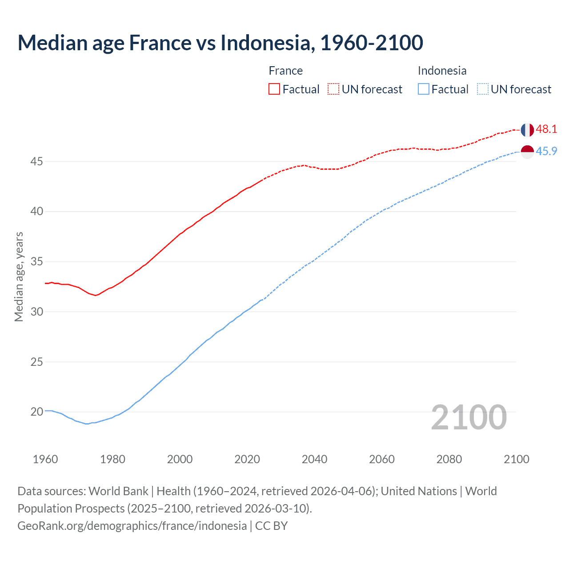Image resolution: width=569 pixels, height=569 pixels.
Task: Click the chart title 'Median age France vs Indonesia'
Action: click(x=220, y=43)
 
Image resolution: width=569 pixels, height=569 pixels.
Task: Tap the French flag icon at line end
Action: click(x=527, y=130)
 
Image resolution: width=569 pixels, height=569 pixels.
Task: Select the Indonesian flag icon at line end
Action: click(x=527, y=152)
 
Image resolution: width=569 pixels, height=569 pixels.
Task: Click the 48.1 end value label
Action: click(x=546, y=129)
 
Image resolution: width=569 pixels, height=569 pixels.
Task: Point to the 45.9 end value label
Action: click(x=546, y=152)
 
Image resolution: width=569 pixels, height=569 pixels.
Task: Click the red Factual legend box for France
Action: click(x=274, y=89)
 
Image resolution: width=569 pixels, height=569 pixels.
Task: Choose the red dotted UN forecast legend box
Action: click(x=333, y=89)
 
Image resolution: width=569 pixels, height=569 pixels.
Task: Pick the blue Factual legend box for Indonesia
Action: click(x=424, y=89)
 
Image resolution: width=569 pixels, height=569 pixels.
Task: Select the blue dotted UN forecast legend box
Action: click(x=482, y=89)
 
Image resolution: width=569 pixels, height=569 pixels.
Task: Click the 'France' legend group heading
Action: click(x=285, y=71)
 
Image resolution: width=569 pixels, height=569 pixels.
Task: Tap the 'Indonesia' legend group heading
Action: click(x=442, y=71)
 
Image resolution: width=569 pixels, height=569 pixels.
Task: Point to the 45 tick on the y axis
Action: click(x=36, y=161)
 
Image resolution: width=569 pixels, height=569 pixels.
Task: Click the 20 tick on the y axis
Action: click(x=36, y=412)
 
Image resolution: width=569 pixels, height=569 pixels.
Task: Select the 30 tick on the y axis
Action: click(x=36, y=312)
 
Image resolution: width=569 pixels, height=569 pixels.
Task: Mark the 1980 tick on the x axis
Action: click(x=112, y=459)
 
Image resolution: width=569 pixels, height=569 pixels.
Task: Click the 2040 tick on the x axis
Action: click(x=314, y=459)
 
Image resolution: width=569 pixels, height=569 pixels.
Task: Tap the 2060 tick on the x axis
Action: click(x=382, y=459)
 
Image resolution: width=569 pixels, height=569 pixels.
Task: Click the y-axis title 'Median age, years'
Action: click(x=19, y=276)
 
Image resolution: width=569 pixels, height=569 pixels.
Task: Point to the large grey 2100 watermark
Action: click(x=469, y=417)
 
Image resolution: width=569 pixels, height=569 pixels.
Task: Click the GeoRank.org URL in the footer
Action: click(x=132, y=526)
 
